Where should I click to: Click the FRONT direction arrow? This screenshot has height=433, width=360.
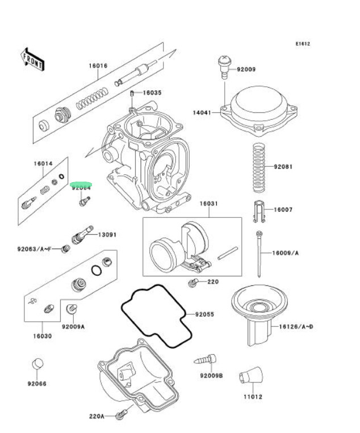(32, 59)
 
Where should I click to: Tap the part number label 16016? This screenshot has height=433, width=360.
(97, 66)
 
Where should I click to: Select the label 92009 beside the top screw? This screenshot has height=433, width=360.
(246, 70)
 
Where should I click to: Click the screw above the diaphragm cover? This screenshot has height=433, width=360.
(225, 65)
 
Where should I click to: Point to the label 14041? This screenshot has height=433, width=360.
(202, 113)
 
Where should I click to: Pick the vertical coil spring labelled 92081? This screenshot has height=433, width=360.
(259, 168)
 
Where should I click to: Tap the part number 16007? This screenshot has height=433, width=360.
(283, 210)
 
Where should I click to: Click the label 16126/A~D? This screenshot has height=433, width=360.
(296, 327)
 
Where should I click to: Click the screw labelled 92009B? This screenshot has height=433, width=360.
(207, 359)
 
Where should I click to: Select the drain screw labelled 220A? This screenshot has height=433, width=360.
(120, 416)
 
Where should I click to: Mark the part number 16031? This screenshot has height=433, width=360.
(208, 203)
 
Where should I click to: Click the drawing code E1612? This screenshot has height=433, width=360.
(302, 44)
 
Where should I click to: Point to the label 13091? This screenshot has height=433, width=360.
(107, 234)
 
